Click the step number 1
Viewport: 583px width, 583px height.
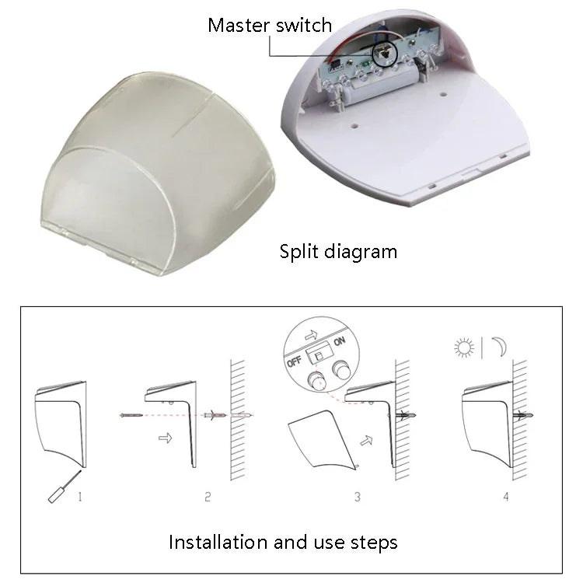point(80,495)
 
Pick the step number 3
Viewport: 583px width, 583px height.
point(358,495)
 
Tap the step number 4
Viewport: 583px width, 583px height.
point(506,495)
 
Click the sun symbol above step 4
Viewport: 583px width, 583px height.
point(465,347)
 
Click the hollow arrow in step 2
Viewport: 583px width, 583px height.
point(164,438)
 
